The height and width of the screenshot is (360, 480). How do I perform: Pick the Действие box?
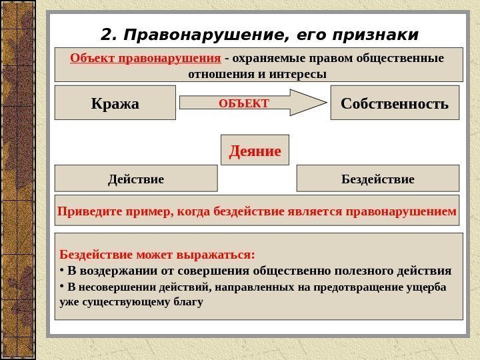click(x=135, y=179)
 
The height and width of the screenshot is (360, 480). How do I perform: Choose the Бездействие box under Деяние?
click(x=377, y=179)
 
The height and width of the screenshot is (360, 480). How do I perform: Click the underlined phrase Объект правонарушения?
click(x=145, y=57)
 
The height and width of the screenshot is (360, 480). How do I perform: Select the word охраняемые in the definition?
click(x=267, y=57)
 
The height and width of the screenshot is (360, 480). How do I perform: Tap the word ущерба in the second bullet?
click(x=427, y=287)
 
